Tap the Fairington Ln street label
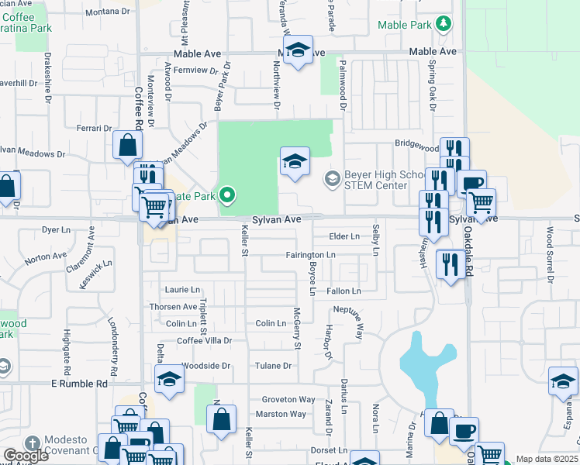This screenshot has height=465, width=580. [310, 254]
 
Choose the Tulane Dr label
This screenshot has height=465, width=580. [275, 366]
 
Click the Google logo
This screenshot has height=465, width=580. [26, 456]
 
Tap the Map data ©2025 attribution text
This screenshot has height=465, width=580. [547, 459]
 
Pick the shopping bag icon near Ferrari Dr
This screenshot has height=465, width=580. [127, 146]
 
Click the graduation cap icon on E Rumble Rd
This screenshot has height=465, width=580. [168, 381]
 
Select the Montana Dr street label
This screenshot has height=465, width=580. [107, 12]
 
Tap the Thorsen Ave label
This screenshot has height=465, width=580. [174, 307]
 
